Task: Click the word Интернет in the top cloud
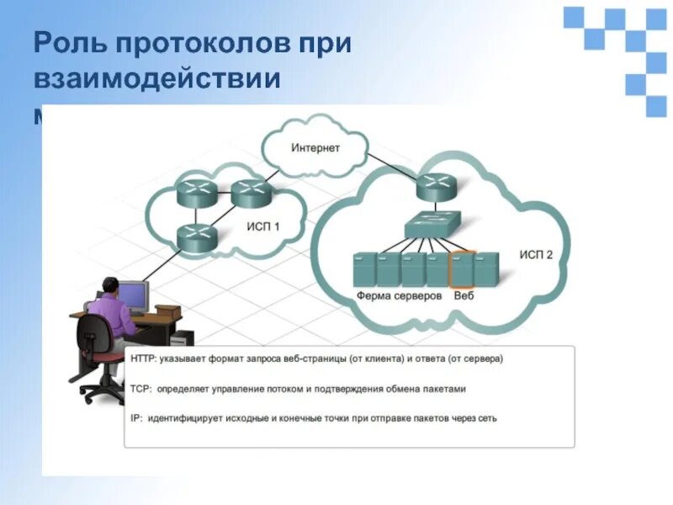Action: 315,148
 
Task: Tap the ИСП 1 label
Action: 263,226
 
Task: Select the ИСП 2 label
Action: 536,255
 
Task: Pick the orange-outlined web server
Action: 463,268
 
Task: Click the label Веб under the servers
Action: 464,296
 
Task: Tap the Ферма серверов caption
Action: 399,296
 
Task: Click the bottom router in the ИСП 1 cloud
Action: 196,238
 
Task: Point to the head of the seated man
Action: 111,285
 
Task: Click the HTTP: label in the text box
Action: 143,359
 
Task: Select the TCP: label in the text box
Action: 140,389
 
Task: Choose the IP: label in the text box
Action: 136,417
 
